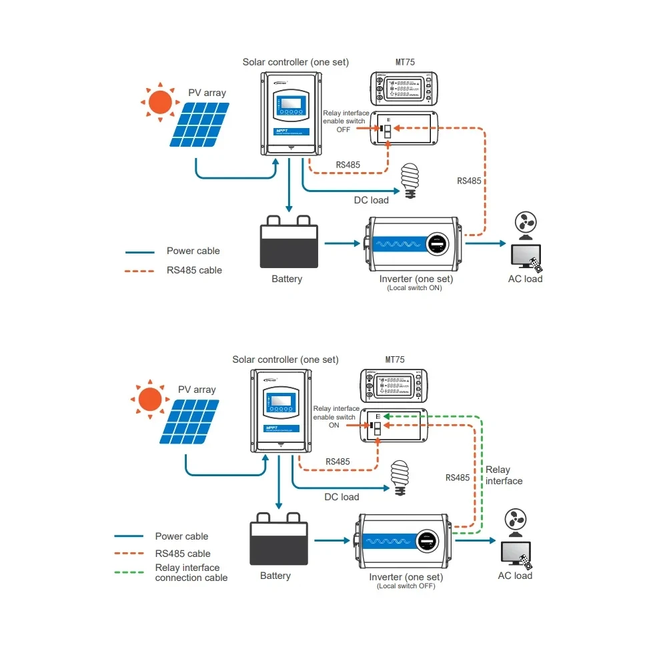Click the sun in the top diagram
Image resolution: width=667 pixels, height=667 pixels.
point(160,102)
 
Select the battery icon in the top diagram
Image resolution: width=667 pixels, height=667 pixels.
point(288,241)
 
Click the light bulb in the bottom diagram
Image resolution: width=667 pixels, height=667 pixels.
point(400,476)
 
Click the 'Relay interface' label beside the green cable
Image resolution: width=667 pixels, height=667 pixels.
point(504,475)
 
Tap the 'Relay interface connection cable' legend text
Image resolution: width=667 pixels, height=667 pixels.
point(191,572)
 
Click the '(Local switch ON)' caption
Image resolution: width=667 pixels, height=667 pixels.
point(415,288)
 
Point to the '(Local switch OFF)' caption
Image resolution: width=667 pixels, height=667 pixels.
point(406,586)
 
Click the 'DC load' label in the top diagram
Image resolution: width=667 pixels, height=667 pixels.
point(371,200)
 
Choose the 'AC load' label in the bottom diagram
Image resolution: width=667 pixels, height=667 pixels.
point(515,575)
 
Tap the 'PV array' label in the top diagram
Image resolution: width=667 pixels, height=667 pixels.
point(207,93)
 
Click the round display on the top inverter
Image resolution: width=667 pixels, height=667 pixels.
point(437,245)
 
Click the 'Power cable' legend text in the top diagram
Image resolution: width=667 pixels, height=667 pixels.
point(193,251)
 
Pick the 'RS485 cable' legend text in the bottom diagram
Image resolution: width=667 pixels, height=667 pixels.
point(182,553)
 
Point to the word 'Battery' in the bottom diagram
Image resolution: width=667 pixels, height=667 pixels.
point(275,576)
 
